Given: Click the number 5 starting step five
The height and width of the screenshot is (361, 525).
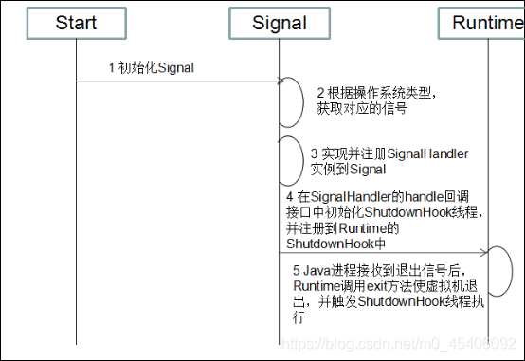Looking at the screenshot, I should coord(297,269).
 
